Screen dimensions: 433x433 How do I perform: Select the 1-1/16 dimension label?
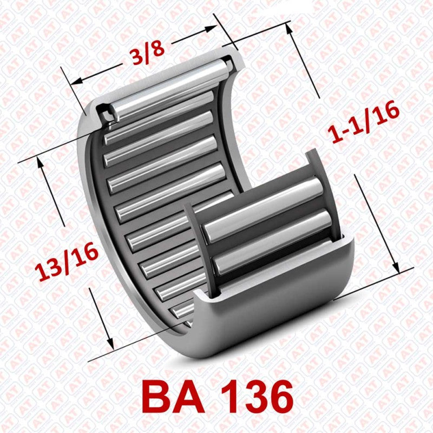pos(366,123)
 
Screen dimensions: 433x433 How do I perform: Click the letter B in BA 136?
pos(160,397)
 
